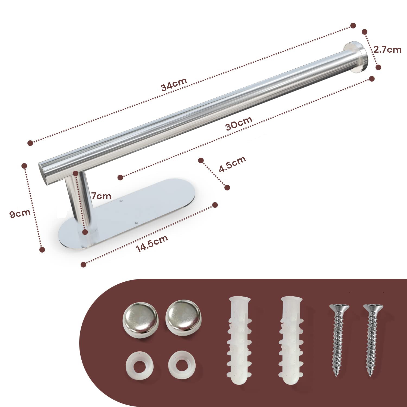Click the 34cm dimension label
(x=174, y=84)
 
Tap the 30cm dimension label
(x=239, y=123)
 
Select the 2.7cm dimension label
(x=387, y=50)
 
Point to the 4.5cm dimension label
(x=232, y=164)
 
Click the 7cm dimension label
(x=101, y=196)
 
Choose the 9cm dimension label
(x=20, y=213)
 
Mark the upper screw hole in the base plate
(x=121, y=201)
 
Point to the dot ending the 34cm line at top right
(x=353, y=26)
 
